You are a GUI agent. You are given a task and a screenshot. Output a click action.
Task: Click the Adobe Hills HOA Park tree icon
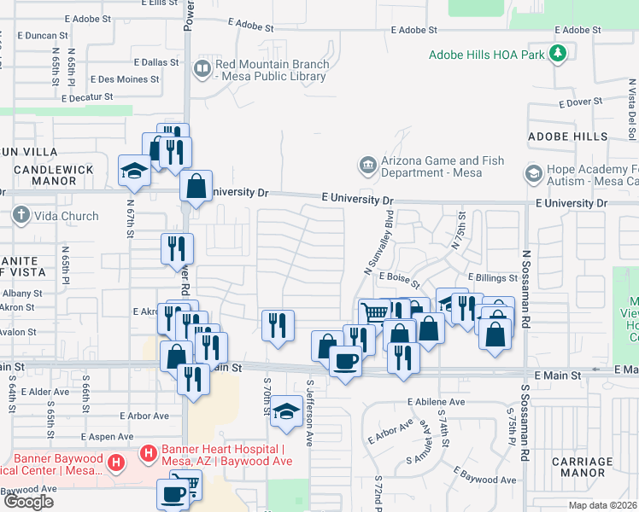[559, 55]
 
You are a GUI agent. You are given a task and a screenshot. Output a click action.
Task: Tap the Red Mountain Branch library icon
[202, 68]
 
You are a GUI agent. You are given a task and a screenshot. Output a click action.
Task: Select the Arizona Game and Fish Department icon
[366, 163]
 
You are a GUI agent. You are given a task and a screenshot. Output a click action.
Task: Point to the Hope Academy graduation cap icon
[534, 174]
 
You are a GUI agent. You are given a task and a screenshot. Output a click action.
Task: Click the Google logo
[28, 502]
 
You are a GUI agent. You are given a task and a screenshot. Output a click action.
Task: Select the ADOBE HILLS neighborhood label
[567, 137]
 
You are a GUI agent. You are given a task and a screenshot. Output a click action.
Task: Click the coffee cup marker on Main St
[345, 363]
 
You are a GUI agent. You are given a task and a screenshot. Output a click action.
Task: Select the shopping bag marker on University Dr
[196, 186]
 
